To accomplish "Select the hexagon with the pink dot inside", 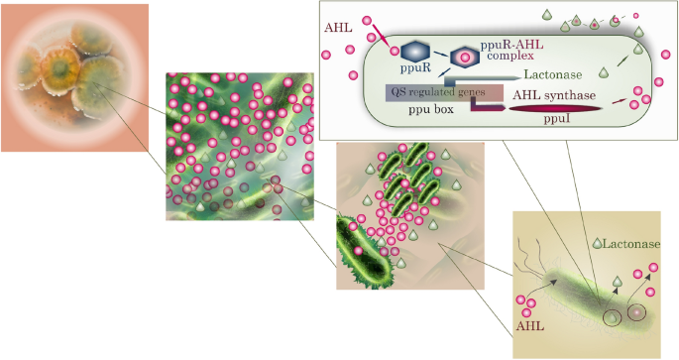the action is (464, 58).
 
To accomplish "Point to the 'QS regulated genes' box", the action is (437, 92).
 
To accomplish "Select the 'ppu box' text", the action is (431, 110).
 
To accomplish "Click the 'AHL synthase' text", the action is (555, 94).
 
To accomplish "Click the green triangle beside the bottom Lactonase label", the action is (597, 244).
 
